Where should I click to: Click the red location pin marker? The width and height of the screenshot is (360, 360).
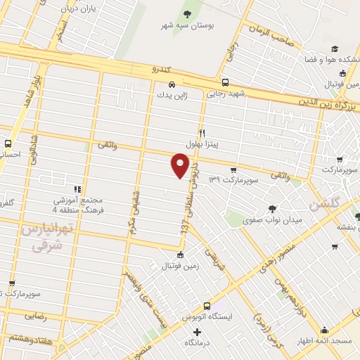point(180,166)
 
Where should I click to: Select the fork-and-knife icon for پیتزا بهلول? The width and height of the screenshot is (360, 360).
point(202,132)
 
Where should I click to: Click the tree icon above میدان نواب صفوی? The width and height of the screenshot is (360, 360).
point(272,208)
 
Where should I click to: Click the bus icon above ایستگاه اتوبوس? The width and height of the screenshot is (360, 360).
point(207,306)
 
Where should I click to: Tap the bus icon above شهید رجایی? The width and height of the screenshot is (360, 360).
point(224,82)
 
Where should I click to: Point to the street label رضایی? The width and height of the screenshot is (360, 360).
point(36,316)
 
